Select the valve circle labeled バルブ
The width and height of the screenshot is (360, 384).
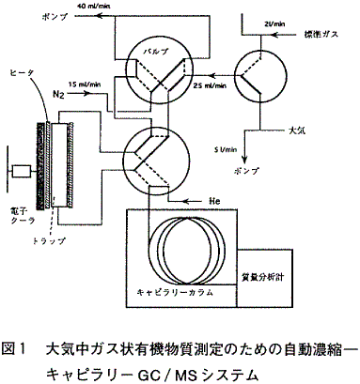tap(158, 63)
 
